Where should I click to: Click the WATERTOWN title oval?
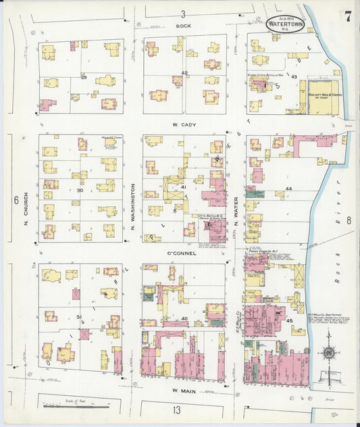point(285,22)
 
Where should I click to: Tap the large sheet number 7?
point(347,17)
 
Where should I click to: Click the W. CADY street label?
point(184,124)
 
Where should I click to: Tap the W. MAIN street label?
point(183,391)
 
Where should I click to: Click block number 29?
point(84,78)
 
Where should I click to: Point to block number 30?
point(80,191)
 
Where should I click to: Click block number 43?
point(294,77)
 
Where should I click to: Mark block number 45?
point(290,320)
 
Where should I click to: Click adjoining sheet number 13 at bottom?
point(176,409)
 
